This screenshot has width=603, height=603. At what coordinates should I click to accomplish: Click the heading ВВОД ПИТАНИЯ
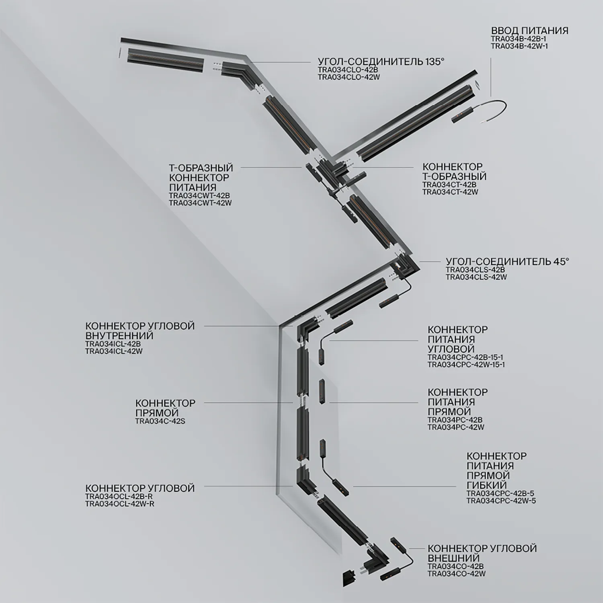(529, 31)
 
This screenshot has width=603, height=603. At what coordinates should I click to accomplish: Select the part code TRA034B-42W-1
(519, 46)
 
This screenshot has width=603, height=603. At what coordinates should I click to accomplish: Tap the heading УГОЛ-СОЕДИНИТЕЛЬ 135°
(381, 62)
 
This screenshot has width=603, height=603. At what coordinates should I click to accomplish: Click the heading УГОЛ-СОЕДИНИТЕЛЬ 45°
(507, 261)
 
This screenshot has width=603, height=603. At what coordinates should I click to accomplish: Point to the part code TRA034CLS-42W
(476, 277)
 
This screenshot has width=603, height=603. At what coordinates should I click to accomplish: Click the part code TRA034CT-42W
(450, 192)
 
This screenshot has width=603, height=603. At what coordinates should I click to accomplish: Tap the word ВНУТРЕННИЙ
(119, 335)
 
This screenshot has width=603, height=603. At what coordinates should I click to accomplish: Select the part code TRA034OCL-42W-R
(120, 504)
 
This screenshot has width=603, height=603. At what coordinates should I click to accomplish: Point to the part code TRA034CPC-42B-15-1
(466, 357)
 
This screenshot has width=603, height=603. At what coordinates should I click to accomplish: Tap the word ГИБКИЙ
(486, 485)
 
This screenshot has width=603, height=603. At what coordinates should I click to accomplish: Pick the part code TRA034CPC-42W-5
(501, 501)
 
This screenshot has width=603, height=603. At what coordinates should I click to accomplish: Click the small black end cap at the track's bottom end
(347, 578)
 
